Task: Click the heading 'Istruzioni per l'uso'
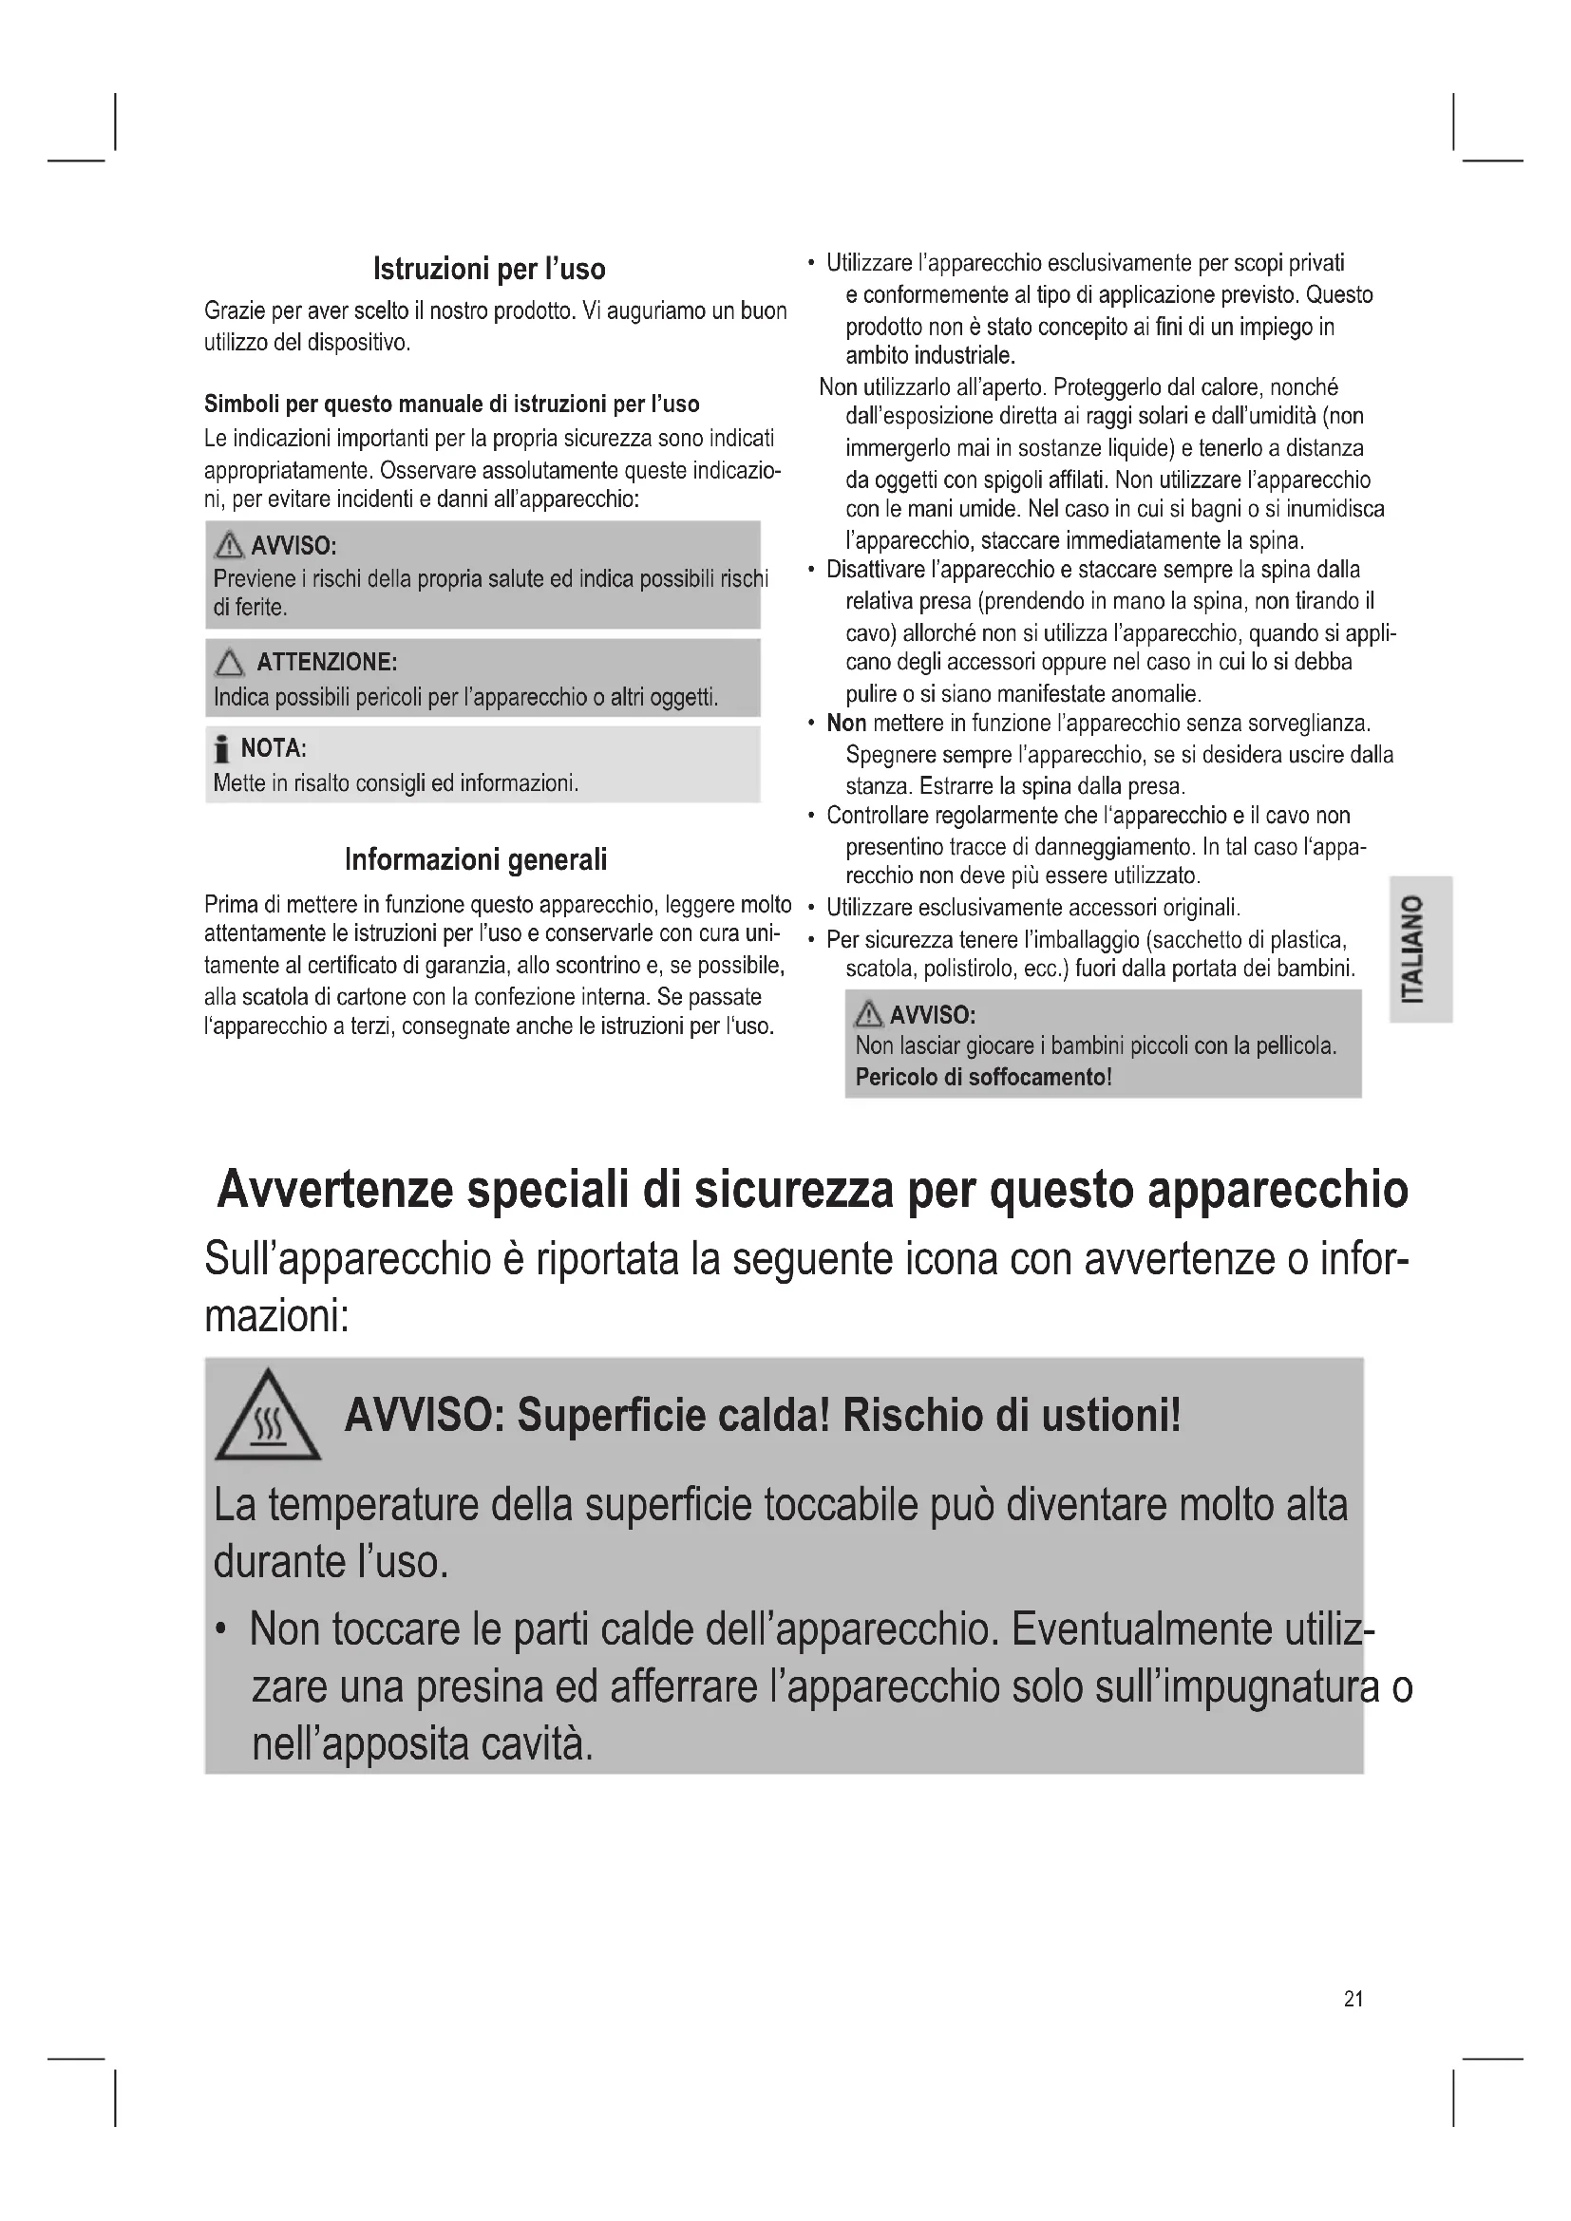point(489,269)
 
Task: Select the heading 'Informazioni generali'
point(476,859)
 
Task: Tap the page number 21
point(1353,1999)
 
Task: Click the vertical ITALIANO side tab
point(1420,948)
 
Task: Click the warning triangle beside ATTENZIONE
point(229,664)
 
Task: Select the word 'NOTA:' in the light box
point(274,747)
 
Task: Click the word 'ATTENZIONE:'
point(327,663)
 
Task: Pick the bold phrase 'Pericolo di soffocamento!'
point(983,1077)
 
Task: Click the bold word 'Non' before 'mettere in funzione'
point(845,724)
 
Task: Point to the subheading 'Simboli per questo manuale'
point(452,405)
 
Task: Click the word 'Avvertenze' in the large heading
point(333,1190)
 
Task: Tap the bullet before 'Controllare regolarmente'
point(810,816)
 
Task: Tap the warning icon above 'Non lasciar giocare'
point(869,1015)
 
